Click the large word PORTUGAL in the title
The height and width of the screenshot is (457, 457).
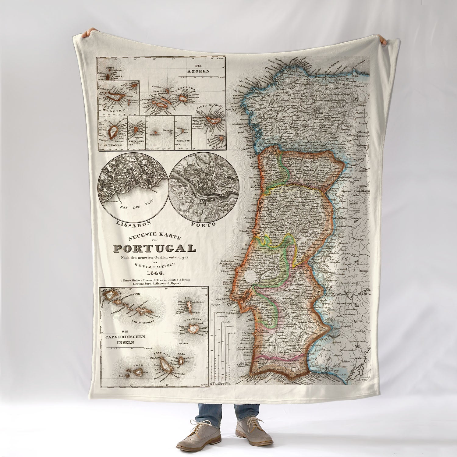(x=155, y=248)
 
